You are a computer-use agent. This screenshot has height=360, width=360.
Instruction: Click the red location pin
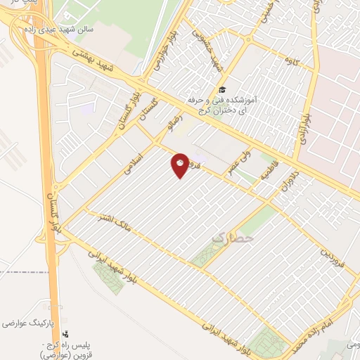tap(180, 165)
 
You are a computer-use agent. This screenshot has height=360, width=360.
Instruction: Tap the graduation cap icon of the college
tap(222, 89)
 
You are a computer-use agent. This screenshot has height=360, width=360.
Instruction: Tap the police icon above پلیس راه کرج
tap(65, 335)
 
